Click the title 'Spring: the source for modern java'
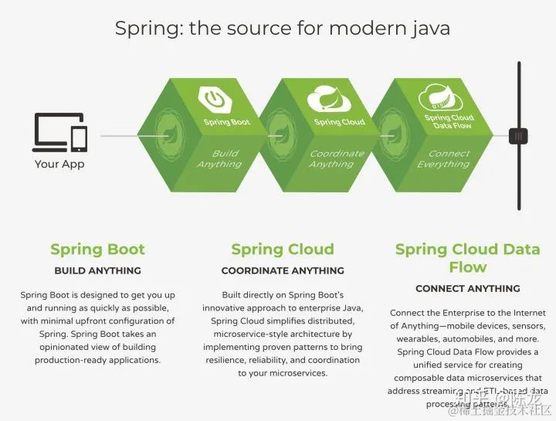pos(283,29)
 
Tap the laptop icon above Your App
pos(51,132)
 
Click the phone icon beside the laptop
pos(79,138)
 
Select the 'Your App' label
pos(59,164)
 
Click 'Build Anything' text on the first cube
pos(219,158)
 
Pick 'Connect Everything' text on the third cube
pos(443,158)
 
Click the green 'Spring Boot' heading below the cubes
pos(97,249)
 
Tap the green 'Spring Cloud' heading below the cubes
pos(283,249)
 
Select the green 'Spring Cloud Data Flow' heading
pos(468,258)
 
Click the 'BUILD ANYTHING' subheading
pos(97,270)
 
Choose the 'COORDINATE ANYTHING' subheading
pos(283,270)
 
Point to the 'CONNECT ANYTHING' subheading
pos(468,288)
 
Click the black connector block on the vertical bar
pos(519,136)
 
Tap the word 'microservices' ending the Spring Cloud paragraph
pos(297,373)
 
